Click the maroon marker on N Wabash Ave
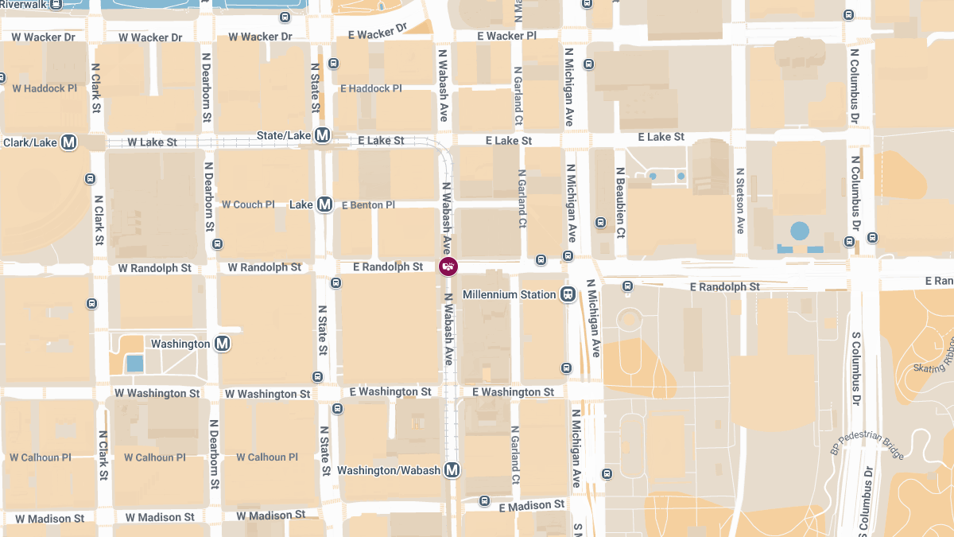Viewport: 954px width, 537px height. pos(448,267)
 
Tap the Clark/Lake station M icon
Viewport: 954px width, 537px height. pos(69,142)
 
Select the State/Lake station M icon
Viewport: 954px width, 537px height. pos(323,135)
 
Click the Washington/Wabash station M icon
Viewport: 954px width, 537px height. pos(452,470)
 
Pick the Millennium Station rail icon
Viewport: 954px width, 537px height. pos(568,294)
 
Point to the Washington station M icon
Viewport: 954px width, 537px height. pos(223,344)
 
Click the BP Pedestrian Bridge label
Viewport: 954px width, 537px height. pos(867,440)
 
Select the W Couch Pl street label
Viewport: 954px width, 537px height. pos(248,204)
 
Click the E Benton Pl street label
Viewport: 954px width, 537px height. pos(368,205)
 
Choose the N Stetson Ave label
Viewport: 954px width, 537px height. pos(740,200)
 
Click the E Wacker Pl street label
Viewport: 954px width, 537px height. pos(506,37)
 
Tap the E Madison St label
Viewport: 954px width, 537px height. pos(532,505)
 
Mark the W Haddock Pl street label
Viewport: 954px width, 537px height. pos(45,88)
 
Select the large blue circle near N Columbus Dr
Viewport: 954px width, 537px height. pos(800,232)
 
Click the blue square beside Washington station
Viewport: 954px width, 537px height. pos(135,364)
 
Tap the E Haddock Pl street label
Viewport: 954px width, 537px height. pos(371,88)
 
